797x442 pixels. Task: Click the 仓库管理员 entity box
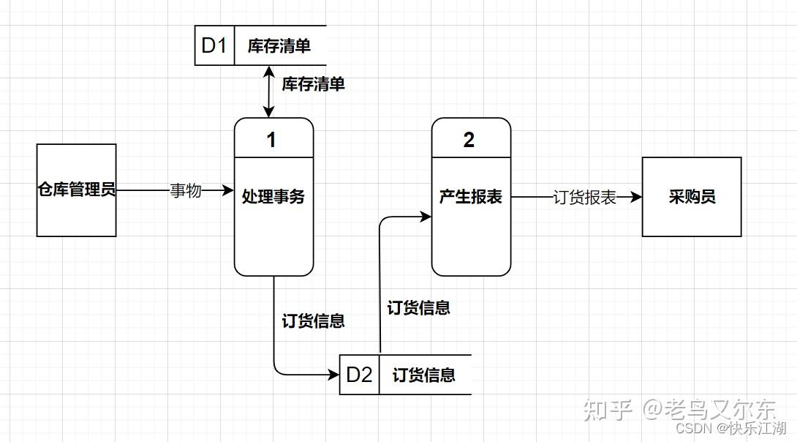click(77, 190)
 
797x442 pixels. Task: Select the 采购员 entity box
click(692, 197)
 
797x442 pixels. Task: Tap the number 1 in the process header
click(271, 140)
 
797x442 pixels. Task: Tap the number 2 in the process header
click(469, 140)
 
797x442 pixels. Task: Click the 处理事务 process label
click(273, 197)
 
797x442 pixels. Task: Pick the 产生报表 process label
click(471, 197)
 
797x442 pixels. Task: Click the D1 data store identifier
click(214, 45)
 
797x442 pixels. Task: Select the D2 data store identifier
click(359, 375)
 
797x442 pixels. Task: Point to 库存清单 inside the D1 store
click(279, 46)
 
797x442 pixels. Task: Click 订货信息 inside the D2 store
click(424, 375)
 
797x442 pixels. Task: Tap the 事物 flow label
click(186, 191)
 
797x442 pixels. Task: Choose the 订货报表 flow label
click(585, 198)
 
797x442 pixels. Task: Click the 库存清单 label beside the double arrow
click(314, 84)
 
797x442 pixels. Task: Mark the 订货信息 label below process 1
click(314, 321)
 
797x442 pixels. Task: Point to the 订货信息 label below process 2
click(418, 308)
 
